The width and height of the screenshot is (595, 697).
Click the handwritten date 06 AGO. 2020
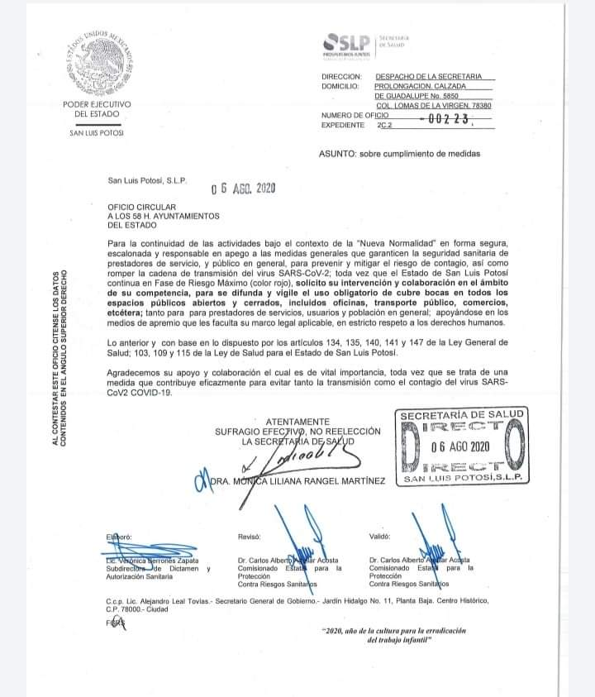coord(243,188)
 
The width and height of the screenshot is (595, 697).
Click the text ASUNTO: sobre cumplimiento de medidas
coord(398,154)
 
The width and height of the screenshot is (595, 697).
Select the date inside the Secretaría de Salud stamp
coord(461,446)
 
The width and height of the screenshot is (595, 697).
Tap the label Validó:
coord(380,537)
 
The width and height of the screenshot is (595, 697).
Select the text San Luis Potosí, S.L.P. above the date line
coord(148,180)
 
